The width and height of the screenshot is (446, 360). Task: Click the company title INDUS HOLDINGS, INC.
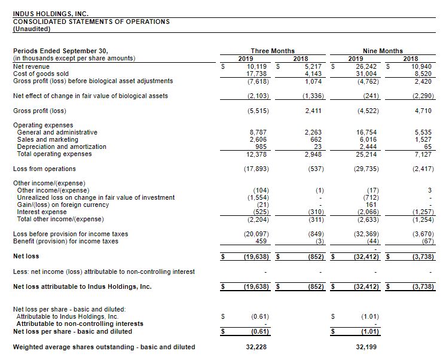[x=50, y=14]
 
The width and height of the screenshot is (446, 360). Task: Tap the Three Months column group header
[x=273, y=51]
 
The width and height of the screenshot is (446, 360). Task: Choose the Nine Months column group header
[x=383, y=51]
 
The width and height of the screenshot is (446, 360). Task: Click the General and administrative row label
[x=57, y=132]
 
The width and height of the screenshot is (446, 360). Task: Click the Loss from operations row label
[x=44, y=169]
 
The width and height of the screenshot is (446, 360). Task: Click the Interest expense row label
[x=42, y=212]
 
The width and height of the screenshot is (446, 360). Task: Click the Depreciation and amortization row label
[x=62, y=147]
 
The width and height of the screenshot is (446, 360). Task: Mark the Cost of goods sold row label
[x=41, y=74]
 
